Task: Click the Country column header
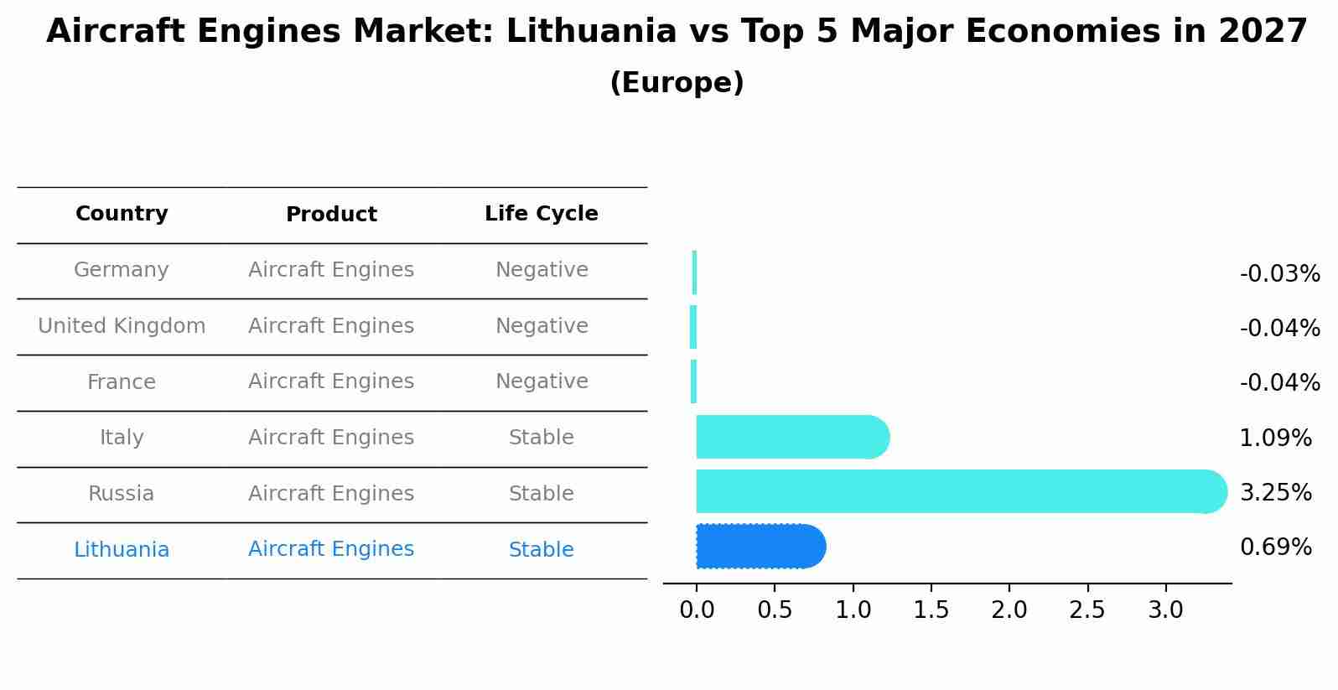pyautogui.click(x=122, y=214)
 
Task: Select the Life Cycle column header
pyautogui.click(x=541, y=214)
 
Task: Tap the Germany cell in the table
pyautogui.click(x=122, y=270)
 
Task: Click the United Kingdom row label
pyautogui.click(x=122, y=326)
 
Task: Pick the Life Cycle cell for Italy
pyautogui.click(x=541, y=438)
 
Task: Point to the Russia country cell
pyautogui.click(x=122, y=494)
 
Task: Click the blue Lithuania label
pyautogui.click(x=122, y=550)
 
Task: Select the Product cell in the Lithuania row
pyautogui.click(x=331, y=549)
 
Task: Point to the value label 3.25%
pyautogui.click(x=1275, y=493)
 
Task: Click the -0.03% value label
pyautogui.click(x=1279, y=274)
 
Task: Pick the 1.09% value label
pyautogui.click(x=1275, y=438)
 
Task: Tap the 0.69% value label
pyautogui.click(x=1275, y=547)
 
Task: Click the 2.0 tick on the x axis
pyautogui.click(x=1009, y=610)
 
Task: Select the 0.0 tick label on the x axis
pyautogui.click(x=697, y=610)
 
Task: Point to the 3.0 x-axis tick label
pyautogui.click(x=1164, y=610)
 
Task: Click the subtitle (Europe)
pyautogui.click(x=677, y=83)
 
